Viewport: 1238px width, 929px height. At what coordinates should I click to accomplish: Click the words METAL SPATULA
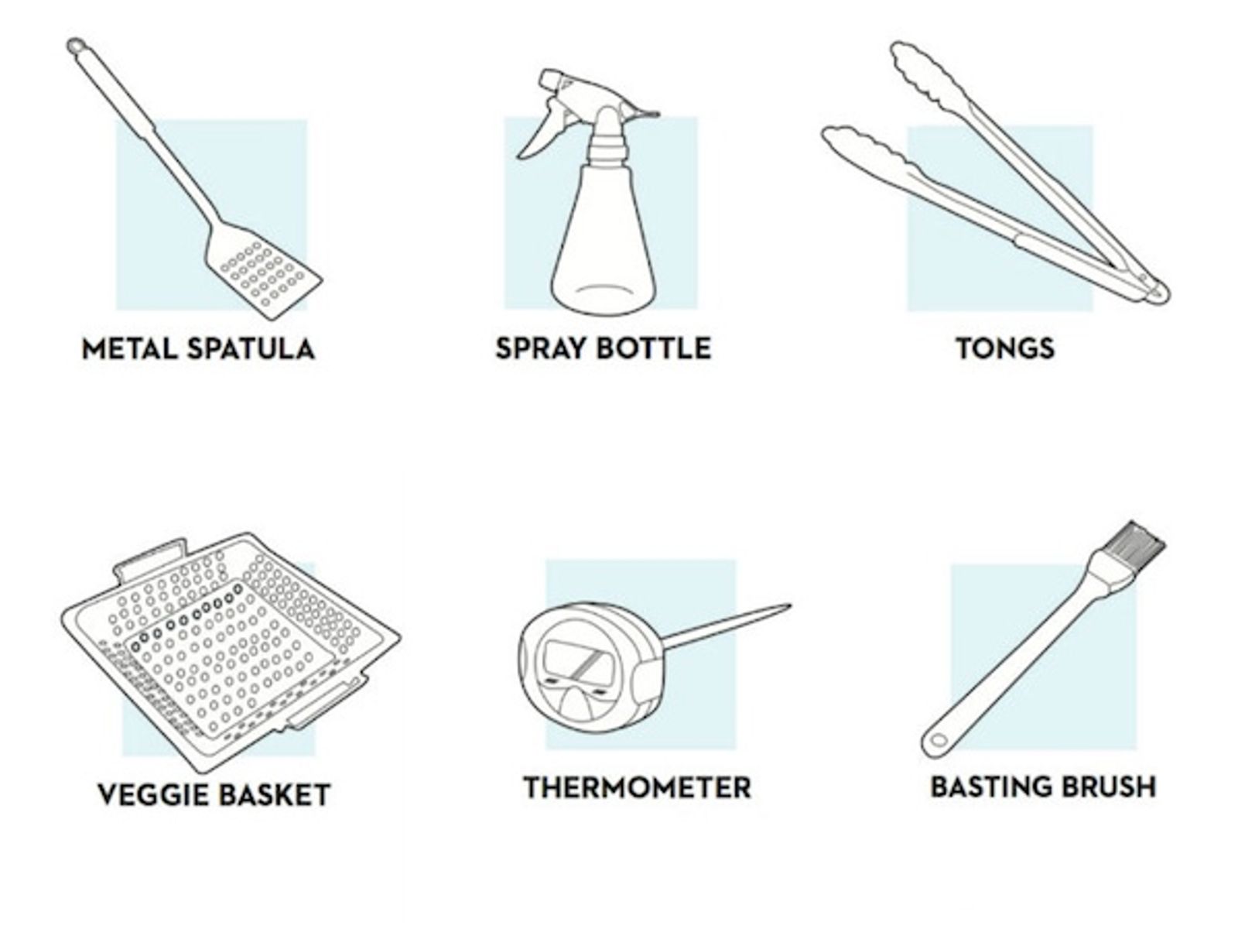pos(198,348)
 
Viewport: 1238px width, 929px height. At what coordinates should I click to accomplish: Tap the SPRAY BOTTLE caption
pos(603,348)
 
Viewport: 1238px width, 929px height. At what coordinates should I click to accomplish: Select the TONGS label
pos(1005,348)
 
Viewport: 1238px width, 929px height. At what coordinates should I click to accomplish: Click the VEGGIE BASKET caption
pos(214,795)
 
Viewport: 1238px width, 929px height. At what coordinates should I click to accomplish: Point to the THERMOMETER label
pos(638,787)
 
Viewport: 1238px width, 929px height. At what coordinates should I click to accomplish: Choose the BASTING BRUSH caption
pos(1043,787)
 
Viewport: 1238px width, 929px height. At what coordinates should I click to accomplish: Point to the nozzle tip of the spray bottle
pos(655,114)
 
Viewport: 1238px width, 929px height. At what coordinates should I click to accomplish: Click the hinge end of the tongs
pos(1156,292)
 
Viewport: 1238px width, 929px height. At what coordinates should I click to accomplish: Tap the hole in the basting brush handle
pos(939,739)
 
